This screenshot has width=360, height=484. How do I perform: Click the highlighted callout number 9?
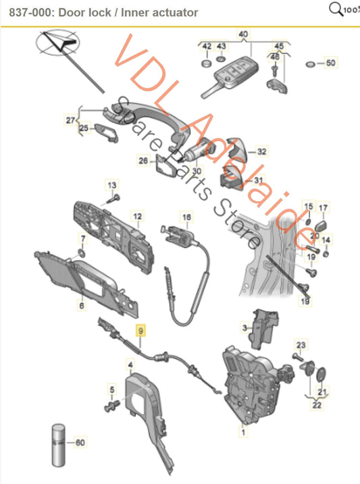click(x=140, y=331)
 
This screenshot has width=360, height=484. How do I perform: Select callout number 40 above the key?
click(x=242, y=34)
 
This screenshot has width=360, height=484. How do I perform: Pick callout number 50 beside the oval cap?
click(x=330, y=63)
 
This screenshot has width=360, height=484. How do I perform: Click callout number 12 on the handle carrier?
click(x=138, y=217)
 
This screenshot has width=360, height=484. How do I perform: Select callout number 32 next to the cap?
click(x=262, y=152)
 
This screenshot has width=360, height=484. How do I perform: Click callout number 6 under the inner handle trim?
click(x=82, y=306)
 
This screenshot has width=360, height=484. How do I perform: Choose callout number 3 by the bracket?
click(x=245, y=327)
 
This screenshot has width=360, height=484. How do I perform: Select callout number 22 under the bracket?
click(x=317, y=405)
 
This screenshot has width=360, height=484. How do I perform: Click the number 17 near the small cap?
click(x=324, y=207)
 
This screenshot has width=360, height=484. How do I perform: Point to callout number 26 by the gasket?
click(x=142, y=160)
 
